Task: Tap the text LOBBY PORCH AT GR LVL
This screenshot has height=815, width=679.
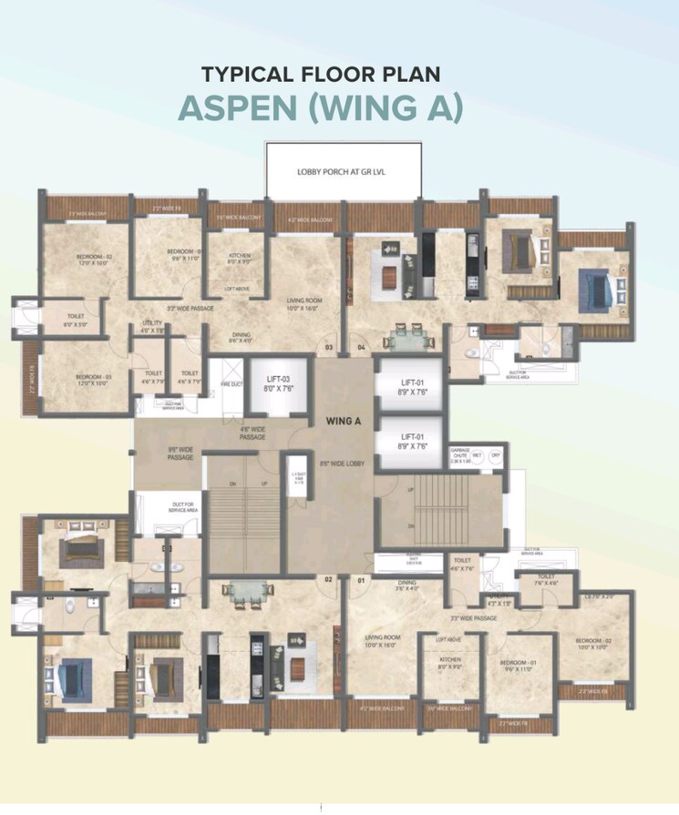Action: pyautogui.click(x=344, y=171)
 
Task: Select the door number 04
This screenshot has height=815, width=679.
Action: pyautogui.click(x=361, y=348)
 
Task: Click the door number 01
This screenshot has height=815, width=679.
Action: pyautogui.click(x=361, y=580)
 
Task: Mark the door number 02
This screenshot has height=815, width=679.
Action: pyautogui.click(x=328, y=580)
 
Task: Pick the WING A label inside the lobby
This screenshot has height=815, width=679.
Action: pyautogui.click(x=345, y=421)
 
